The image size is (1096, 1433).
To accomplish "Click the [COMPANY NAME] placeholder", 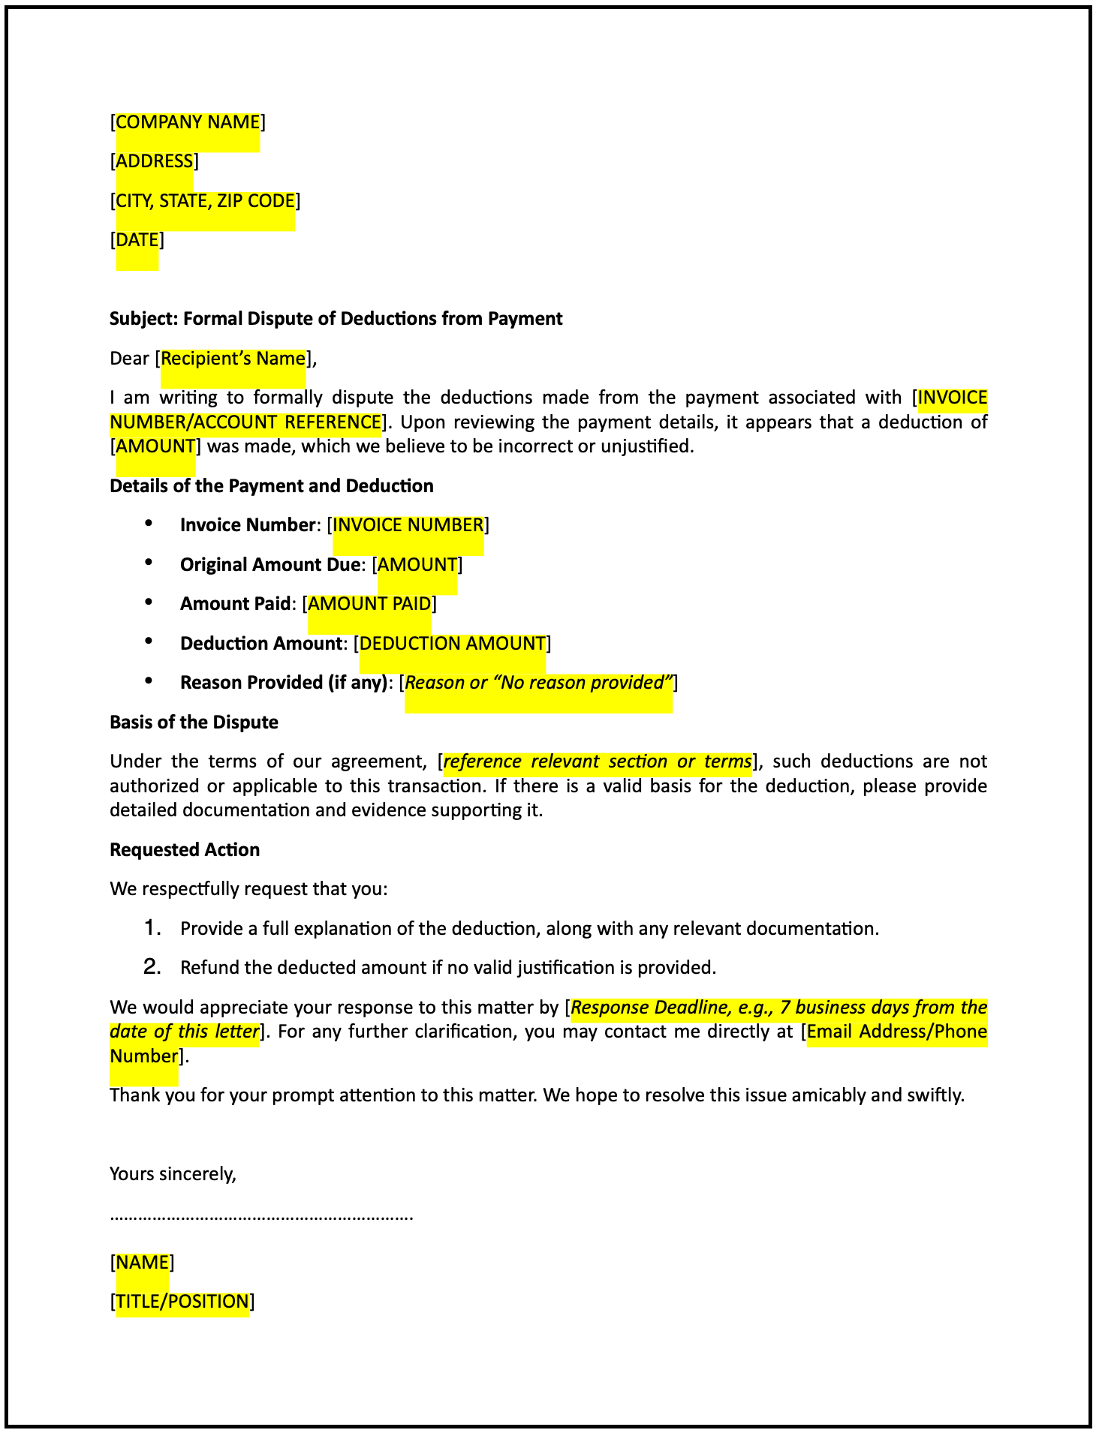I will click(x=188, y=122).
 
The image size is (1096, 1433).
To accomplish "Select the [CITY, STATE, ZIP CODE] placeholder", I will click(x=205, y=201).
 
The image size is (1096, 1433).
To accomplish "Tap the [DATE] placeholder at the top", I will click(x=137, y=240).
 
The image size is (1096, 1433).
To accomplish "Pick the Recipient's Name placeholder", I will click(x=233, y=359).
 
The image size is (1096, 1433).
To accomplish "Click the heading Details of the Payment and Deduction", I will click(x=271, y=486).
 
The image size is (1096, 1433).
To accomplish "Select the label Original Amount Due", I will click(x=269, y=565).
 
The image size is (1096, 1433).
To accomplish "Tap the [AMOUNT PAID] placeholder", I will click(x=369, y=604).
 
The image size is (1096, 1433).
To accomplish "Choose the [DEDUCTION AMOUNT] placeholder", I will click(x=453, y=644).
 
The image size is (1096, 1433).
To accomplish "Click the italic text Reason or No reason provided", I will click(x=538, y=683).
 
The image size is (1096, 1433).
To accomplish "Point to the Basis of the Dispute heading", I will click(x=194, y=723).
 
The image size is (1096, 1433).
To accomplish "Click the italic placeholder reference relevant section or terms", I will click(x=598, y=762).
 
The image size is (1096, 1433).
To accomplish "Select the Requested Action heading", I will click(x=185, y=850).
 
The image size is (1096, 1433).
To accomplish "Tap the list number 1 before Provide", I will click(x=152, y=929).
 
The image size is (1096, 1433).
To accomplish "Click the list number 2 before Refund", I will click(x=152, y=968).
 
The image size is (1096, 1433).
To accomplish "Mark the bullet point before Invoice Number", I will click(x=149, y=524).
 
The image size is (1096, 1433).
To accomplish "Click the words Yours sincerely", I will click(x=173, y=1174).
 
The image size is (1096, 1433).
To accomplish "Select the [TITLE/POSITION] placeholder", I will click(x=182, y=1302).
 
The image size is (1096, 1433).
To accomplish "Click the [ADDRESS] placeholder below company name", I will click(x=155, y=161).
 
